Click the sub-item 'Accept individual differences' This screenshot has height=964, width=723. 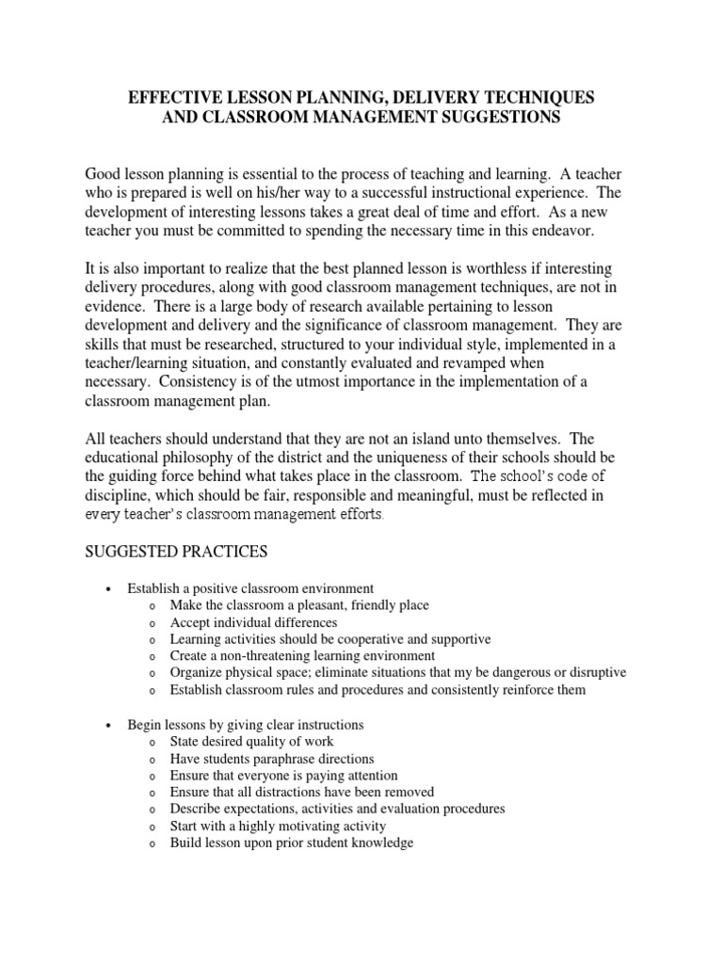253,622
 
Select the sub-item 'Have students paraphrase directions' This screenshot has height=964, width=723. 272,759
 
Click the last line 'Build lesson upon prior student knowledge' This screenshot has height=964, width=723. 292,843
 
